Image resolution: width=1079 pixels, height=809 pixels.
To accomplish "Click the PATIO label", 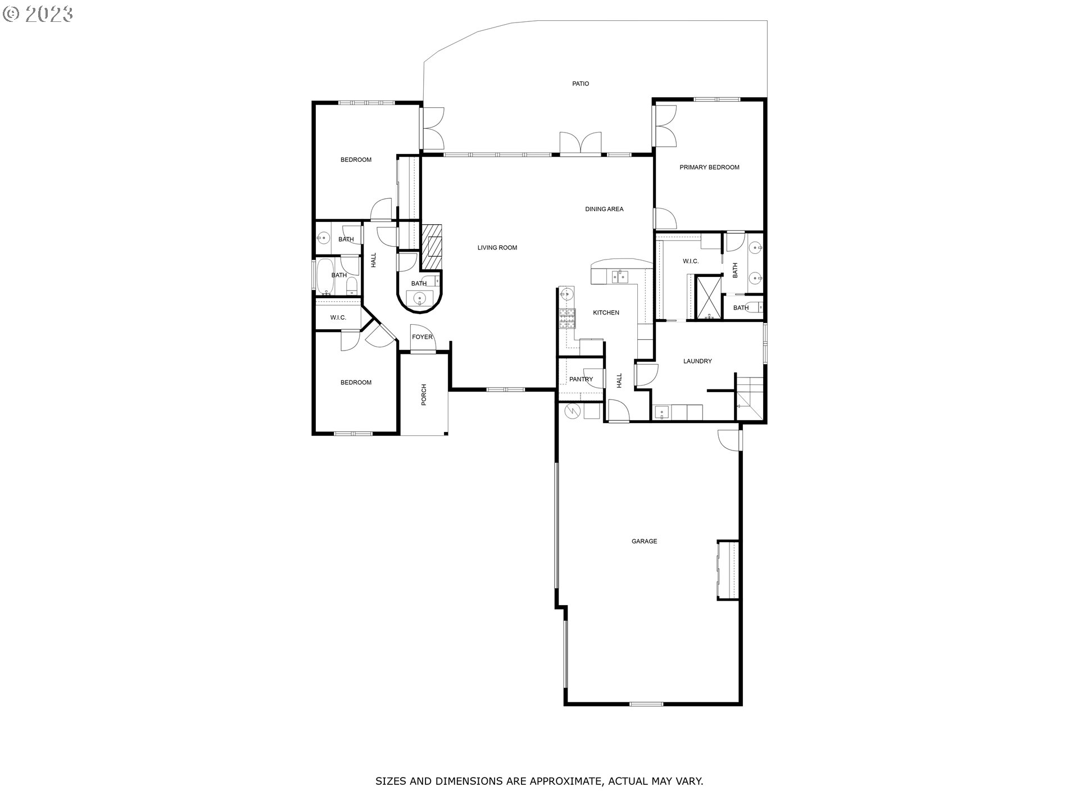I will [581, 84].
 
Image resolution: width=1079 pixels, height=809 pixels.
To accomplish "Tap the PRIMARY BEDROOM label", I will [709, 167].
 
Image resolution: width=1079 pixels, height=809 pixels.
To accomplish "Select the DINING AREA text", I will [604, 209].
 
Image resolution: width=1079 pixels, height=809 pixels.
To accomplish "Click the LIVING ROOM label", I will [497, 248].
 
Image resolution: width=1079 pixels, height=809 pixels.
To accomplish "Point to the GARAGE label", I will [644, 542].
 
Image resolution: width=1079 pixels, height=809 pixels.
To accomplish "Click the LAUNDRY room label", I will [697, 361].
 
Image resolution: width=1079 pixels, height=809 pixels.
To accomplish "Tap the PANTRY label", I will [581, 379].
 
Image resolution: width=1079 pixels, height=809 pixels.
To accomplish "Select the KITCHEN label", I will [606, 312].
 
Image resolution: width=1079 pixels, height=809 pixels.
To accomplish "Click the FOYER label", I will [422, 337].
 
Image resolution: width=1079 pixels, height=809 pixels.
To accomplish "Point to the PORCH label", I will [424, 394].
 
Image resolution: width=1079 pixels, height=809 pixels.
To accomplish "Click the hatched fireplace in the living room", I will [432, 247].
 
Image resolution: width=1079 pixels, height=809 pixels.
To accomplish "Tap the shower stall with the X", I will [709, 297].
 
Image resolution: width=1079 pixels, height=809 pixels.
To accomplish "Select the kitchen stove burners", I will [567, 319].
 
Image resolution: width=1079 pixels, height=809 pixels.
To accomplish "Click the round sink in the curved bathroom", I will [419, 298].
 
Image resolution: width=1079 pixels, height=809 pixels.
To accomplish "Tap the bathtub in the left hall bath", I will [325, 276].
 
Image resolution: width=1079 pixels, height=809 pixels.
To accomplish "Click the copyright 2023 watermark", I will [38, 13].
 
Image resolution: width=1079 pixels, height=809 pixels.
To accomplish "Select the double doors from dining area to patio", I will [581, 142].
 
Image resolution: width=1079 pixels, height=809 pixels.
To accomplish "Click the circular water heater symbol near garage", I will [572, 411].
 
